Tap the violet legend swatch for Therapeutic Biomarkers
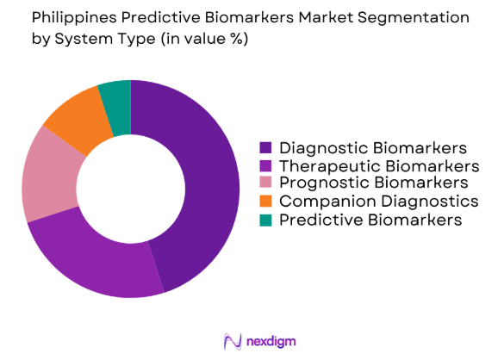click(x=266, y=164)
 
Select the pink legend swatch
click(x=266, y=183)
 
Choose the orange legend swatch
click(x=266, y=201)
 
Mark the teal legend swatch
click(x=266, y=220)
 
